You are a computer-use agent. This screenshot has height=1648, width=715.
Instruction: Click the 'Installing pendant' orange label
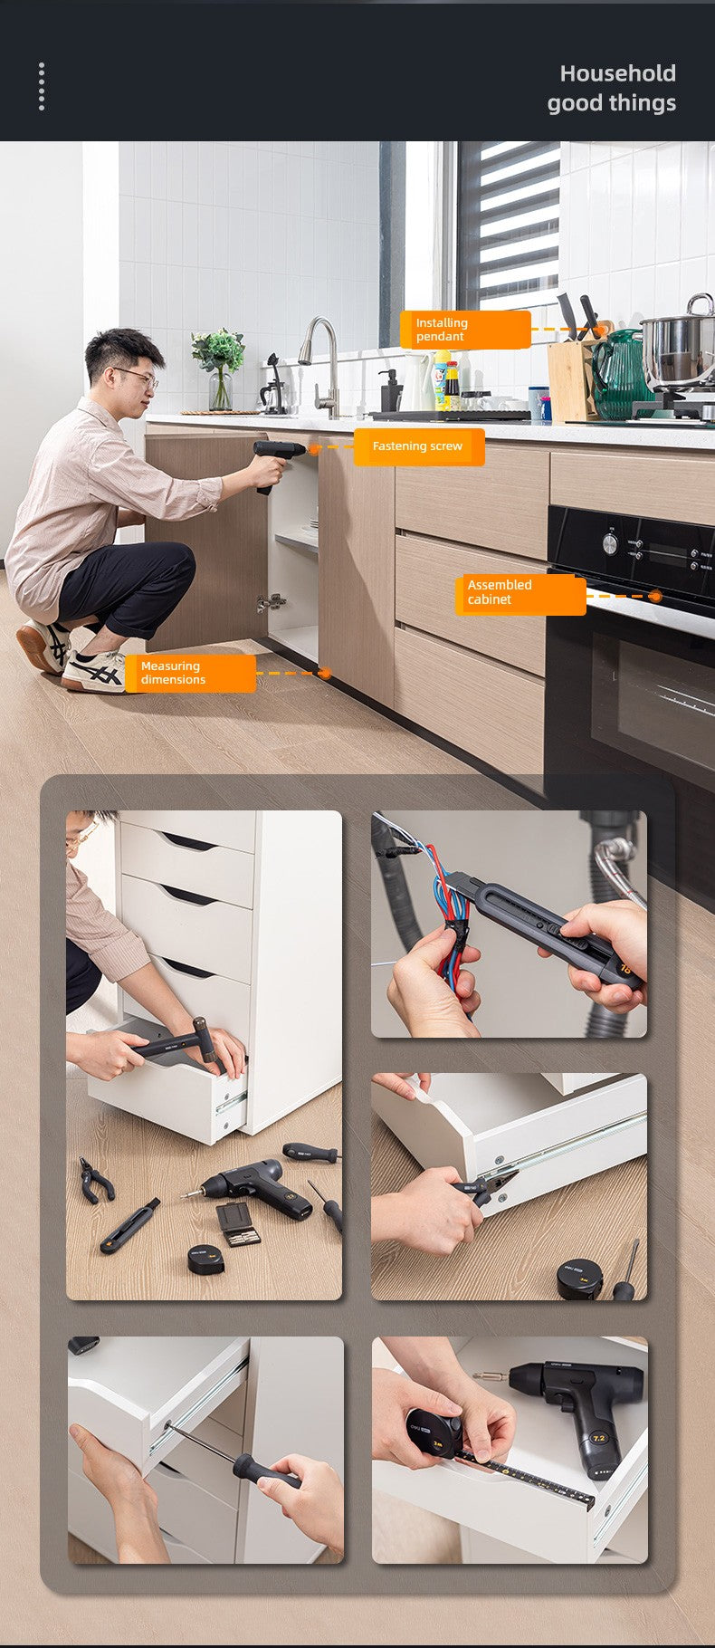tap(465, 330)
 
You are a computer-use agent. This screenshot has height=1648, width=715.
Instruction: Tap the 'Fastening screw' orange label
tap(419, 446)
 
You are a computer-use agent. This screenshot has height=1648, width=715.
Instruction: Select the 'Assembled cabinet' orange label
tap(520, 593)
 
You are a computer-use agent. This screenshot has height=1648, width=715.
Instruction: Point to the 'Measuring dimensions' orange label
tap(190, 674)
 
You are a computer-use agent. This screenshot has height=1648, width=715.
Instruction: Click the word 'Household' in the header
tap(618, 73)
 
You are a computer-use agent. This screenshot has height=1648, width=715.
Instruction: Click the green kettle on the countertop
tap(619, 375)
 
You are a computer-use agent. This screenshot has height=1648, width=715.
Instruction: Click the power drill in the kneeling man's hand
tap(276, 462)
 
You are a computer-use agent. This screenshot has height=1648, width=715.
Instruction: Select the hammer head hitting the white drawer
tap(205, 1040)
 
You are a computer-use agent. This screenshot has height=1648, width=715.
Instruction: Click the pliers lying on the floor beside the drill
tap(96, 1180)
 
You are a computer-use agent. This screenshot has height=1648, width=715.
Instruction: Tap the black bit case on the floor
tap(239, 1223)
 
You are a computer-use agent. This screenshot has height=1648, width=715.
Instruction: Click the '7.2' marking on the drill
tap(598, 1437)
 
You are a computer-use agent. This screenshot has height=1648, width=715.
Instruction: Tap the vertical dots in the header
tap(42, 87)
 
